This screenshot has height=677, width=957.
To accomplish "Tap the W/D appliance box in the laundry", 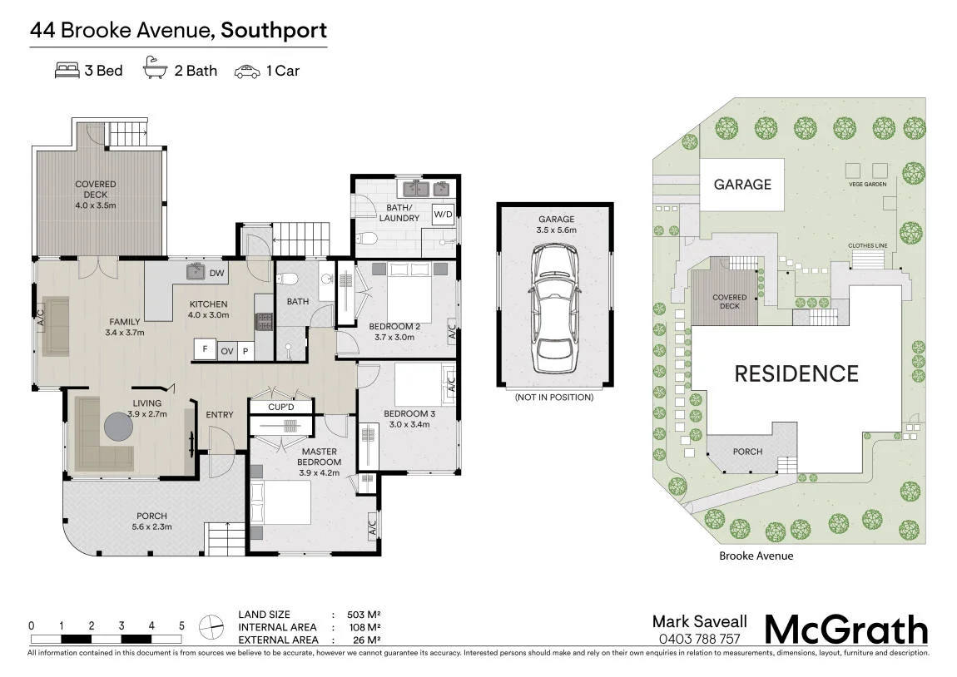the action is pos(443,214).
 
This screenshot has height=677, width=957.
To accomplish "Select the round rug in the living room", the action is pos(118,426).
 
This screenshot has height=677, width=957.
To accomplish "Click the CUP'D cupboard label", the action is pos(280,407).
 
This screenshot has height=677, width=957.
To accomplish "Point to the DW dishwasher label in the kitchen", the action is pos(216,274).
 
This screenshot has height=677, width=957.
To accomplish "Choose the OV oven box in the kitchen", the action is pos(227,351).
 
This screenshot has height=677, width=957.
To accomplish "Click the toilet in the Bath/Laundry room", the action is pos(369,238).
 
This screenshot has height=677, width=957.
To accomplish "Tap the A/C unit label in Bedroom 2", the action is pos(452,332).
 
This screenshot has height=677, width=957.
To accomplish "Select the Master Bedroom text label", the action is pos(320,457).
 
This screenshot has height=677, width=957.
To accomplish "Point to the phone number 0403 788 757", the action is pos(699,640).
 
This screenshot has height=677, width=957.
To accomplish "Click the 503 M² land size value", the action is pos(364,615).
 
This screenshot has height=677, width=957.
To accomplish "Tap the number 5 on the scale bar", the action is pos(181,625).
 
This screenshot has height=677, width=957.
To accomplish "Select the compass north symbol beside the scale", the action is pos(211,626).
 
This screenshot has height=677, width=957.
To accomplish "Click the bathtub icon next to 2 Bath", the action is pos(155,67).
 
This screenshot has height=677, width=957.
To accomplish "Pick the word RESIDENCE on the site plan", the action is pos(796,373).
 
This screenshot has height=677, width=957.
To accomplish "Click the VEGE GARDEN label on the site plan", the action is pos(867,184).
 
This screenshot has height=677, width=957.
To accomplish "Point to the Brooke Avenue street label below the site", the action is pos(756,556).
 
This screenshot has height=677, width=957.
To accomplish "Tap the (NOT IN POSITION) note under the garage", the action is pos(554,397).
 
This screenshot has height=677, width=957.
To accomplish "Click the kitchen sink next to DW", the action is pos(196,271).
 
